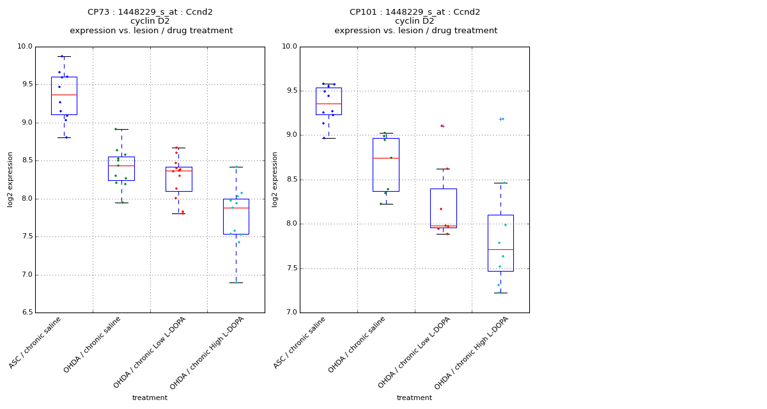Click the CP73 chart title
point(151,12)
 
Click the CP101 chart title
point(415,12)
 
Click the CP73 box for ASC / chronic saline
point(64,96)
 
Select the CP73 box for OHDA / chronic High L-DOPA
point(236,217)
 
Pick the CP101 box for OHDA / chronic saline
point(385,165)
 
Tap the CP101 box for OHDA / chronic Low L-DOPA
point(443,208)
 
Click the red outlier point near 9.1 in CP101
point(441,126)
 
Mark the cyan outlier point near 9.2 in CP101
point(502,119)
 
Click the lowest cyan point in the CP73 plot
point(236,282)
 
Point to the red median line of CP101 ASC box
point(329,104)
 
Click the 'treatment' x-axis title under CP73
point(150,397)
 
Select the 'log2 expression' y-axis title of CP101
point(275,180)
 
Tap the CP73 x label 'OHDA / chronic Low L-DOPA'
point(151,351)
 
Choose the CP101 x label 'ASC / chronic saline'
point(300,342)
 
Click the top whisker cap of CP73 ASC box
point(64,56)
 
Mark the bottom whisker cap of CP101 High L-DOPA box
point(500,293)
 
